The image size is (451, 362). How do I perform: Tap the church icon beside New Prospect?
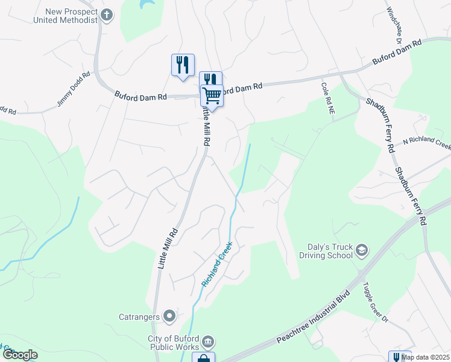tap(107, 15)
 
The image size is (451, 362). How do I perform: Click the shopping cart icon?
tap(212, 95)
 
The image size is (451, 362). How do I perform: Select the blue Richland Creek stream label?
tap(218, 264)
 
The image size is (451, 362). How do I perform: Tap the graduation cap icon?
tap(362, 250)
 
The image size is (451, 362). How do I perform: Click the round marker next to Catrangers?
tap(169, 316)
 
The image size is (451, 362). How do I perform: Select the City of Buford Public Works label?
tap(174, 343)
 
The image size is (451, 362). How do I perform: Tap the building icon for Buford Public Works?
tap(207, 343)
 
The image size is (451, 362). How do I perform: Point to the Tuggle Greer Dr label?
tap(374, 305)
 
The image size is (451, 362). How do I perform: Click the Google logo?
tap(20, 355)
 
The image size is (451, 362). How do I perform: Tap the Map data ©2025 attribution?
tap(425, 357)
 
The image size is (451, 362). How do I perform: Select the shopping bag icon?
tap(203, 358)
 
